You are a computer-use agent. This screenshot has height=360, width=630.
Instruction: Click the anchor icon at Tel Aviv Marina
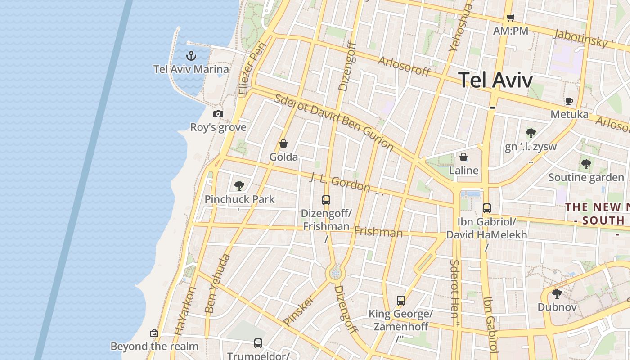pyautogui.click(x=192, y=56)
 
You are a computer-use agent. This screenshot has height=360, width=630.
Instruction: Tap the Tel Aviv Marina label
pyautogui.click(x=191, y=69)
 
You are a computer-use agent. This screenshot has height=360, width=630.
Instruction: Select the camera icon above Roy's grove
pyautogui.click(x=218, y=114)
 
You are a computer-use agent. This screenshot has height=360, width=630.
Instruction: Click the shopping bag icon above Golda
pyautogui.click(x=283, y=144)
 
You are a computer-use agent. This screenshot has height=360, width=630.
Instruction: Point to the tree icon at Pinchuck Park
pyautogui.click(x=239, y=185)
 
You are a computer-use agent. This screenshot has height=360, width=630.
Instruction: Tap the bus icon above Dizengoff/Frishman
pyautogui.click(x=326, y=200)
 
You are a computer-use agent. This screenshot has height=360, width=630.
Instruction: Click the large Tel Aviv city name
pyautogui.click(x=495, y=80)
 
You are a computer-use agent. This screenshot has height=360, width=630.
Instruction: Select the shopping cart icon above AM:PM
pyautogui.click(x=510, y=18)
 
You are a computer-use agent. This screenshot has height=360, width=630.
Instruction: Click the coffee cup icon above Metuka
pyautogui.click(x=569, y=102)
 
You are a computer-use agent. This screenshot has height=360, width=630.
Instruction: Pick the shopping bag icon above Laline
pyautogui.click(x=463, y=157)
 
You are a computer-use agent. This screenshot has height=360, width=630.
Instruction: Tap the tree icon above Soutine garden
pyautogui.click(x=586, y=164)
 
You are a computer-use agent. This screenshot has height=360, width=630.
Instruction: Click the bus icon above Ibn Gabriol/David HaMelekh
pyautogui.click(x=486, y=208)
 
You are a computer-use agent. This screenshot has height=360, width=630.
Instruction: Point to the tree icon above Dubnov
pyautogui.click(x=557, y=294)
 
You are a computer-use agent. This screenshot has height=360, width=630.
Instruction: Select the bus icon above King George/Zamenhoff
pyautogui.click(x=400, y=301)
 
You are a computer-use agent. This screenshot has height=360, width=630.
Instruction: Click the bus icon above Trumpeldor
pyautogui.click(x=258, y=343)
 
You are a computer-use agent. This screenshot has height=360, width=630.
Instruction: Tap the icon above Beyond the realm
pyautogui.click(x=154, y=333)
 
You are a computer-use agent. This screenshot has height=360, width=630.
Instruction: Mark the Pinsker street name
pyautogui.click(x=298, y=310)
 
